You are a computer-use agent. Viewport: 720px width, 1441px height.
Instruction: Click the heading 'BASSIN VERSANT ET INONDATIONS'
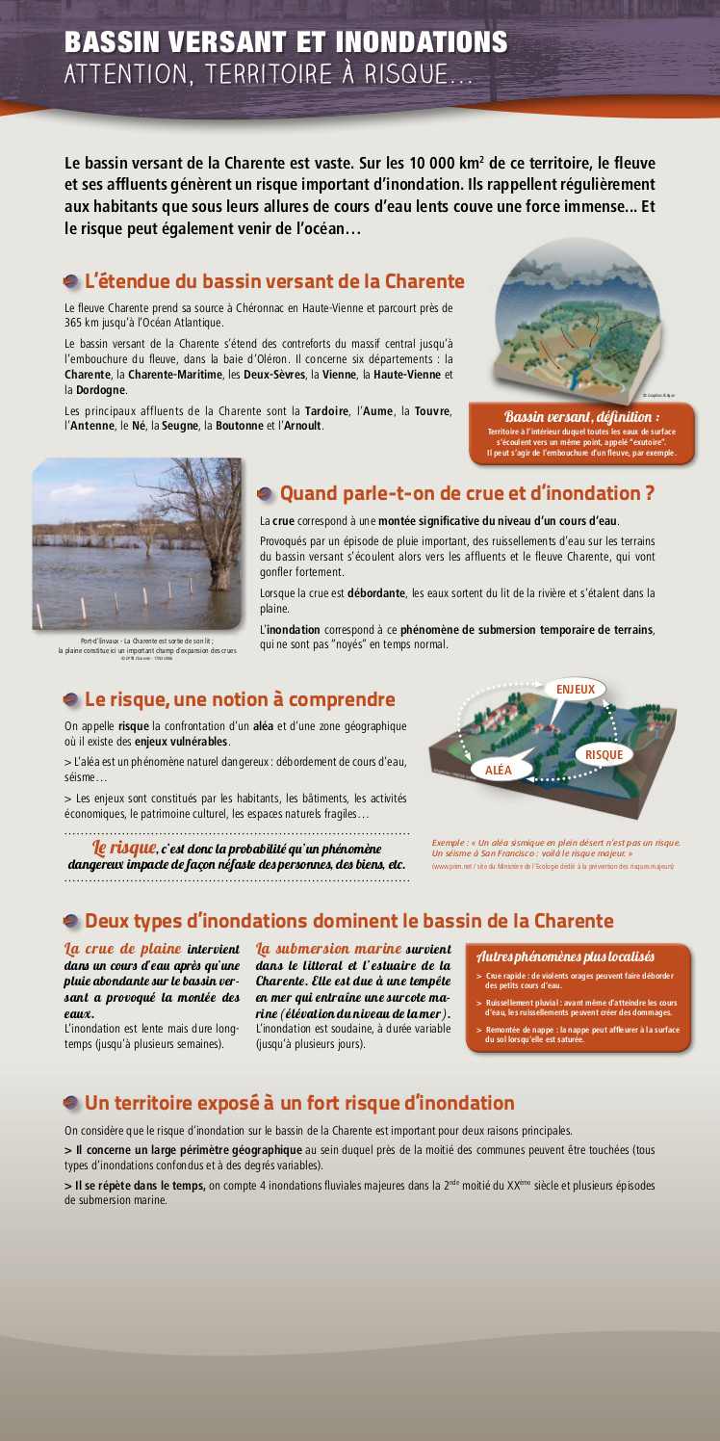coord(286,42)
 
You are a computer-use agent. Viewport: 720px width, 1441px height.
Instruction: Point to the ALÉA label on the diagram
coord(499,769)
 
